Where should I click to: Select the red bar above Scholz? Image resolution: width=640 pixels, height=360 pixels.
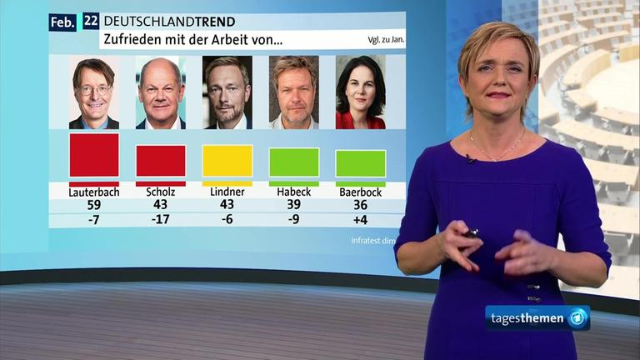pos(161,161)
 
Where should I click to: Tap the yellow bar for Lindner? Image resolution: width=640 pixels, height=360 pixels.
pos(227,161)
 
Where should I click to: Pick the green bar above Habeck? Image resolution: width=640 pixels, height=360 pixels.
pos(294,162)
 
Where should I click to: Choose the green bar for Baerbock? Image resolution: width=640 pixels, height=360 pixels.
pos(361,163)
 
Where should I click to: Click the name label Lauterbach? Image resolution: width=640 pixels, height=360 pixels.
pos(94,192)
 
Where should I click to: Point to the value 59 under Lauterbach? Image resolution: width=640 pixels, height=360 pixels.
pos(94,205)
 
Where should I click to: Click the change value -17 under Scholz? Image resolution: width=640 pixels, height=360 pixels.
pos(161,219)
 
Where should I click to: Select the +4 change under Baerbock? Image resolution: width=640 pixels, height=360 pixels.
pos(361,219)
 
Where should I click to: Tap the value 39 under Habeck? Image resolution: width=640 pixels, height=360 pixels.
pos(294,205)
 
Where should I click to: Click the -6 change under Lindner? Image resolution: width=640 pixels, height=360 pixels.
pos(227,219)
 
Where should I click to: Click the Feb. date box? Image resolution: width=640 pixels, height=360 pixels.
pos(62,22)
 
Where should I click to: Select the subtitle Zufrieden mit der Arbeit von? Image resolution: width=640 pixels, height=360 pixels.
pos(192,39)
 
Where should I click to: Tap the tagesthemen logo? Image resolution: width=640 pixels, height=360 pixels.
pos(537,318)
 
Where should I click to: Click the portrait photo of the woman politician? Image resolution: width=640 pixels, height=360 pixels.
pos(361,92)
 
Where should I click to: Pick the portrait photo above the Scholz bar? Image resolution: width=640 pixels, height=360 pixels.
pos(161,92)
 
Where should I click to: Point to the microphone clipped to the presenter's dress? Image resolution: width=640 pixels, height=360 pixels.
pos(470,158)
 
